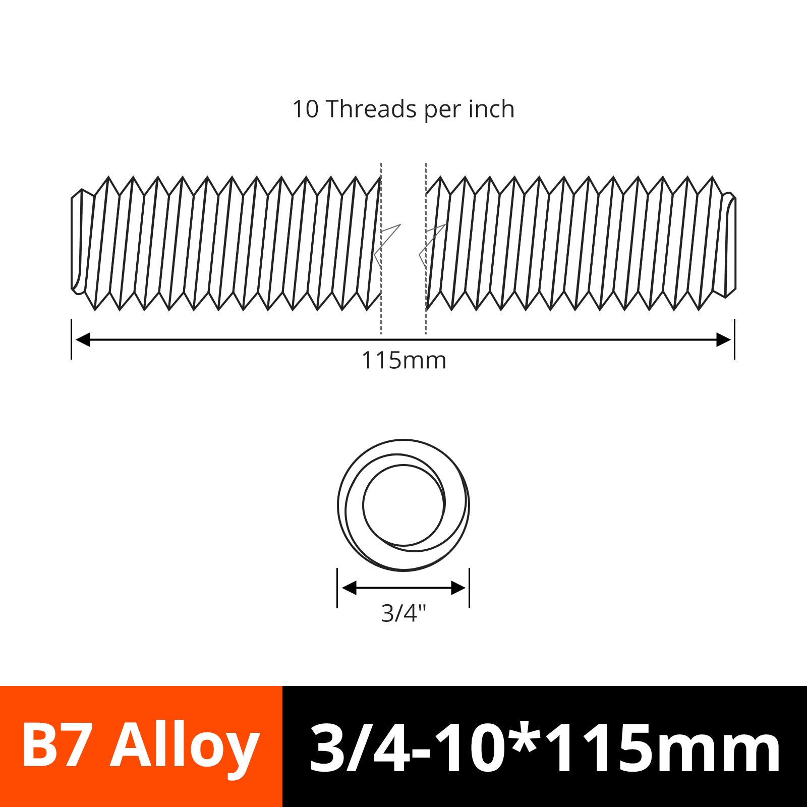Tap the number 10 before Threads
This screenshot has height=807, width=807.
[306, 109]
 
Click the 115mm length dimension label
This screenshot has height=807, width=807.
[404, 361]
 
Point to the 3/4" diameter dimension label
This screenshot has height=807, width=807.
[404, 613]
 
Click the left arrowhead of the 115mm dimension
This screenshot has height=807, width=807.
[82, 339]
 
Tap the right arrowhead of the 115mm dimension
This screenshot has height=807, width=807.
[724, 339]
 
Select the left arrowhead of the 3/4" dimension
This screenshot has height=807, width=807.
[349, 588]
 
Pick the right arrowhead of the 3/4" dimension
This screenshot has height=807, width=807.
[458, 588]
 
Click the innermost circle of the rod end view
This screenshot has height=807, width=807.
[363, 504]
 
